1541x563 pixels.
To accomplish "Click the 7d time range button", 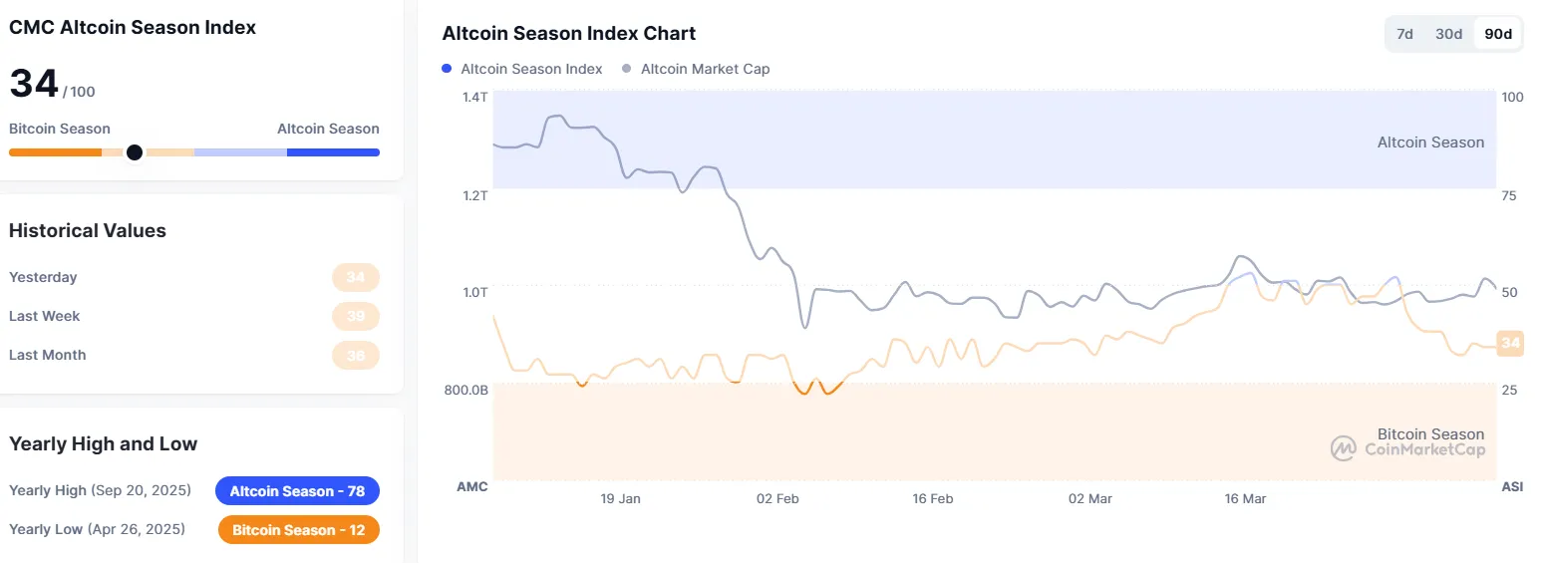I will click(1404, 34).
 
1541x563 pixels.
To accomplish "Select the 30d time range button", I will click(1448, 34).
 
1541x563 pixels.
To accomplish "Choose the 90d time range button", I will click(1498, 34).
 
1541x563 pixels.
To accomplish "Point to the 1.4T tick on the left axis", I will click(474, 97).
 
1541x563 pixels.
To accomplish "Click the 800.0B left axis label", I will click(466, 390).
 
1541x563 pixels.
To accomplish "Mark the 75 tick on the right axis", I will click(1508, 195).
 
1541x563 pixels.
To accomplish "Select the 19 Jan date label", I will click(621, 498).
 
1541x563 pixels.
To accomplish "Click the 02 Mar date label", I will click(1089, 498).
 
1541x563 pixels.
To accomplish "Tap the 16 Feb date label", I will click(933, 498).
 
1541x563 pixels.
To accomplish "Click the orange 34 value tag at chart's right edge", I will click(1510, 344).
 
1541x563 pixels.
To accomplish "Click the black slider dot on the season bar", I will click(135, 152).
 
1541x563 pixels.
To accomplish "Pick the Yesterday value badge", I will click(356, 277).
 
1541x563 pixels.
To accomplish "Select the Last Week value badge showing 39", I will click(356, 316).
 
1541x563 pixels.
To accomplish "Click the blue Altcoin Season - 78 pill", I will click(297, 491).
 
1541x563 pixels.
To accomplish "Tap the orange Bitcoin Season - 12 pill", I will click(298, 530).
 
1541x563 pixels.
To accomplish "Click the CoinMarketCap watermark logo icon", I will click(1343, 448).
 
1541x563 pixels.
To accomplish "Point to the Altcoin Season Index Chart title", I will click(568, 34).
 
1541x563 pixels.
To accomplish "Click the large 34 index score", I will click(34, 84).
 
